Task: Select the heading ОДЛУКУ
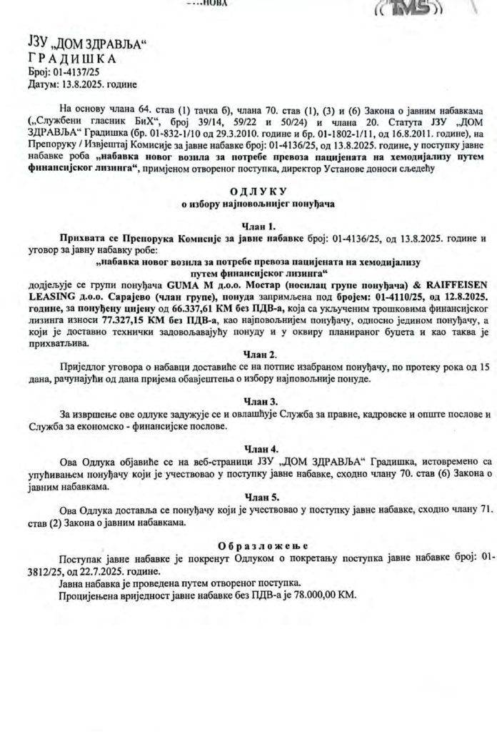[258, 192]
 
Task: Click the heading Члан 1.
[258, 226]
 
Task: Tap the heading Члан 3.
[259, 402]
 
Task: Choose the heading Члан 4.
[259, 448]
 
